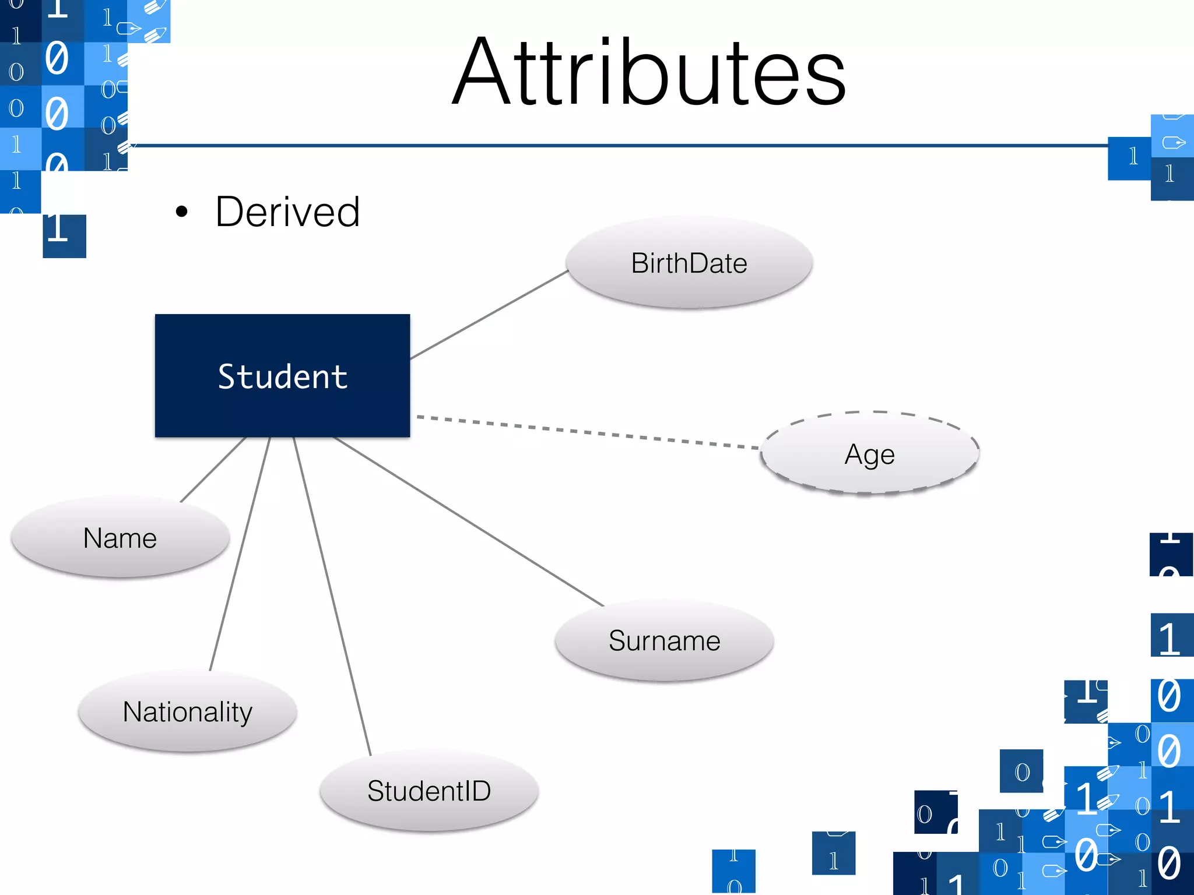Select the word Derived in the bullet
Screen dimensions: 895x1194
pyautogui.click(x=287, y=212)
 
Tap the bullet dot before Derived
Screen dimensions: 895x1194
pyautogui.click(x=182, y=212)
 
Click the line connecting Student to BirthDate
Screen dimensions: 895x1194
pyautogui.click(x=490, y=315)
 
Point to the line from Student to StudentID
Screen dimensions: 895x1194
pyautogui.click(x=332, y=597)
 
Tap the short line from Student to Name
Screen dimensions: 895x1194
pyautogui.click(x=213, y=469)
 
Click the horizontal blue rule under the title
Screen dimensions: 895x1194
pyautogui.click(x=618, y=145)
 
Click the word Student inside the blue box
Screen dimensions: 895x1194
pyautogui.click(x=283, y=376)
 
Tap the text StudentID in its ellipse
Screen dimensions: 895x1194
pyautogui.click(x=429, y=791)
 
